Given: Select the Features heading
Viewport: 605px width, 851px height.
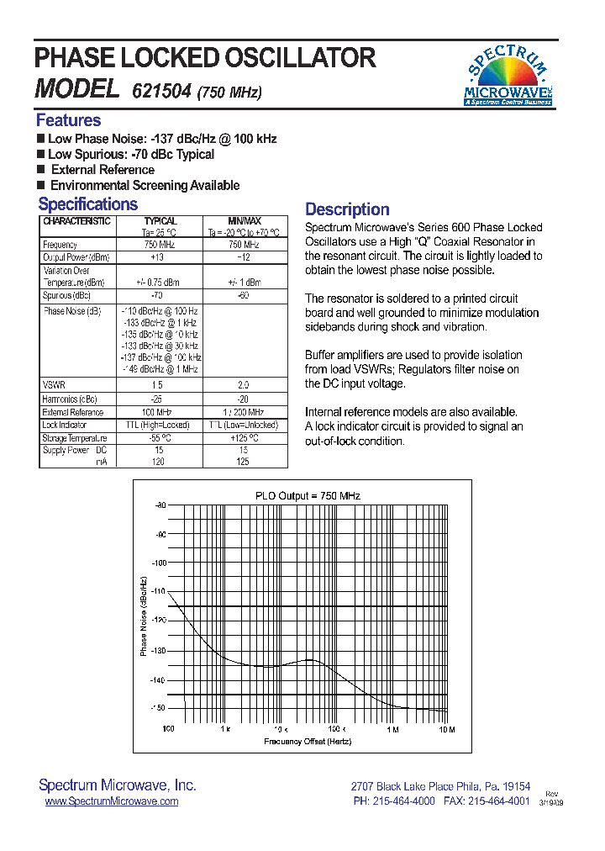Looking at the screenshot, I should [68, 120].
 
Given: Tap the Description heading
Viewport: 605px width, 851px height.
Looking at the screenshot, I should [347, 209].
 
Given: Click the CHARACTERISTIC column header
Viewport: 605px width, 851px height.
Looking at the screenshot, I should [76, 221].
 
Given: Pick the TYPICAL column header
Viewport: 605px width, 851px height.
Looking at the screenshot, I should [160, 221].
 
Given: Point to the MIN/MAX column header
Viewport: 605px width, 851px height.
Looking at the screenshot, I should [245, 221].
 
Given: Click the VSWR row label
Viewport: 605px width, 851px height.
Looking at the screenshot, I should [54, 384].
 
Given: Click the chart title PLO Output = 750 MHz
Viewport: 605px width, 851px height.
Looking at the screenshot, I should [308, 496].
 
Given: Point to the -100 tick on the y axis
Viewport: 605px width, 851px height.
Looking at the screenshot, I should [158, 563].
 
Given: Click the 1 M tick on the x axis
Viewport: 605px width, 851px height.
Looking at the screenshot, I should [392, 729].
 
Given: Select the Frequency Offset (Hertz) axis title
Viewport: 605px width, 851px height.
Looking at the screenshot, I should [308, 741].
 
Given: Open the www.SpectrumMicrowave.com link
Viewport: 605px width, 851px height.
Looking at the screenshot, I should [111, 801].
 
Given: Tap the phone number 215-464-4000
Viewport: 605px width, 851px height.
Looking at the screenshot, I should [406, 801].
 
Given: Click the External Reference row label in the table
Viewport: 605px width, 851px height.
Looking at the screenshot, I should [73, 412].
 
